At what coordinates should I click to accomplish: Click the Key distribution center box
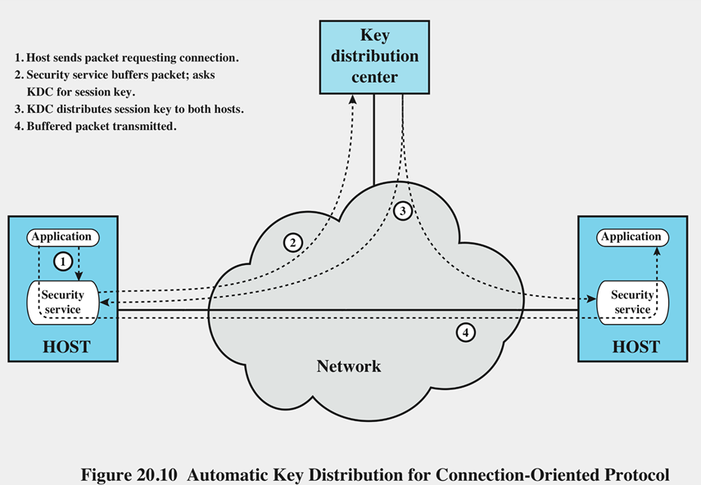click(x=374, y=57)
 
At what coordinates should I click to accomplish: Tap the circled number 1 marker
click(x=63, y=262)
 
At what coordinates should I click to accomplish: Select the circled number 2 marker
click(x=293, y=243)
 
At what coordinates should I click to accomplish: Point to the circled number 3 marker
click(x=402, y=211)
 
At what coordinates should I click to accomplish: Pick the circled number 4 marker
click(x=465, y=333)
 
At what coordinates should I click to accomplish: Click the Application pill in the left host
click(x=63, y=237)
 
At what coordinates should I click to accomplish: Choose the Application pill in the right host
click(x=632, y=237)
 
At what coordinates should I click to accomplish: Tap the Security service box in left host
click(x=63, y=303)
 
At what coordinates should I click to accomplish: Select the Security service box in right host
click(x=632, y=303)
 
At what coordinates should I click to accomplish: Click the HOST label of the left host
click(x=66, y=347)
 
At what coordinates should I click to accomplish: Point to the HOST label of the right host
click(x=635, y=347)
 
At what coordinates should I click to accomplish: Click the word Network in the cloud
click(x=349, y=366)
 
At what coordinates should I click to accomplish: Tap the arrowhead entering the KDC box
click(x=353, y=99)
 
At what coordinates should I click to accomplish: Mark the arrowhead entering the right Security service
click(x=591, y=299)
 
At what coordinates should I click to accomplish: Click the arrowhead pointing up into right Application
click(x=657, y=251)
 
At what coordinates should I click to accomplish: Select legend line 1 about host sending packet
click(x=126, y=58)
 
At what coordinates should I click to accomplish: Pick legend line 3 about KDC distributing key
click(x=129, y=110)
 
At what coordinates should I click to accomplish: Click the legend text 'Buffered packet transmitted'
click(x=102, y=127)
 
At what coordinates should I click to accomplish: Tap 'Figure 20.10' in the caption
click(x=129, y=474)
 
